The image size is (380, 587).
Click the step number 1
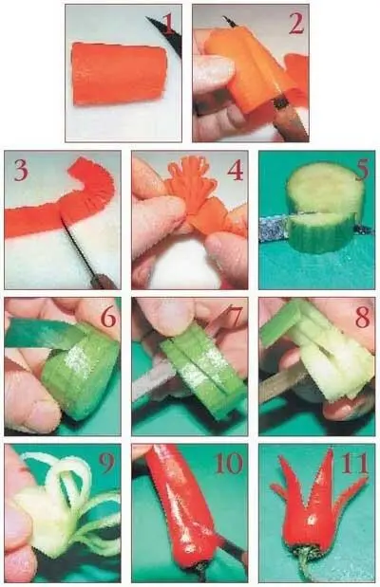[168, 24]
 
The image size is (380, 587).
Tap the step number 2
[296, 25]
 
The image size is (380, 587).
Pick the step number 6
[108, 317]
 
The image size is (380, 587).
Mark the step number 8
[362, 317]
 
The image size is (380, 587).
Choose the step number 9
[107, 464]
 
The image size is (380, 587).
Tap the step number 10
[229, 464]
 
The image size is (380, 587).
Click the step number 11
[355, 464]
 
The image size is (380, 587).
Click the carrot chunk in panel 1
[120, 74]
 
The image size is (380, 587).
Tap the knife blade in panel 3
[78, 248]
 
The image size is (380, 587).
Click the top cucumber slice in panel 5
[324, 192]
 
